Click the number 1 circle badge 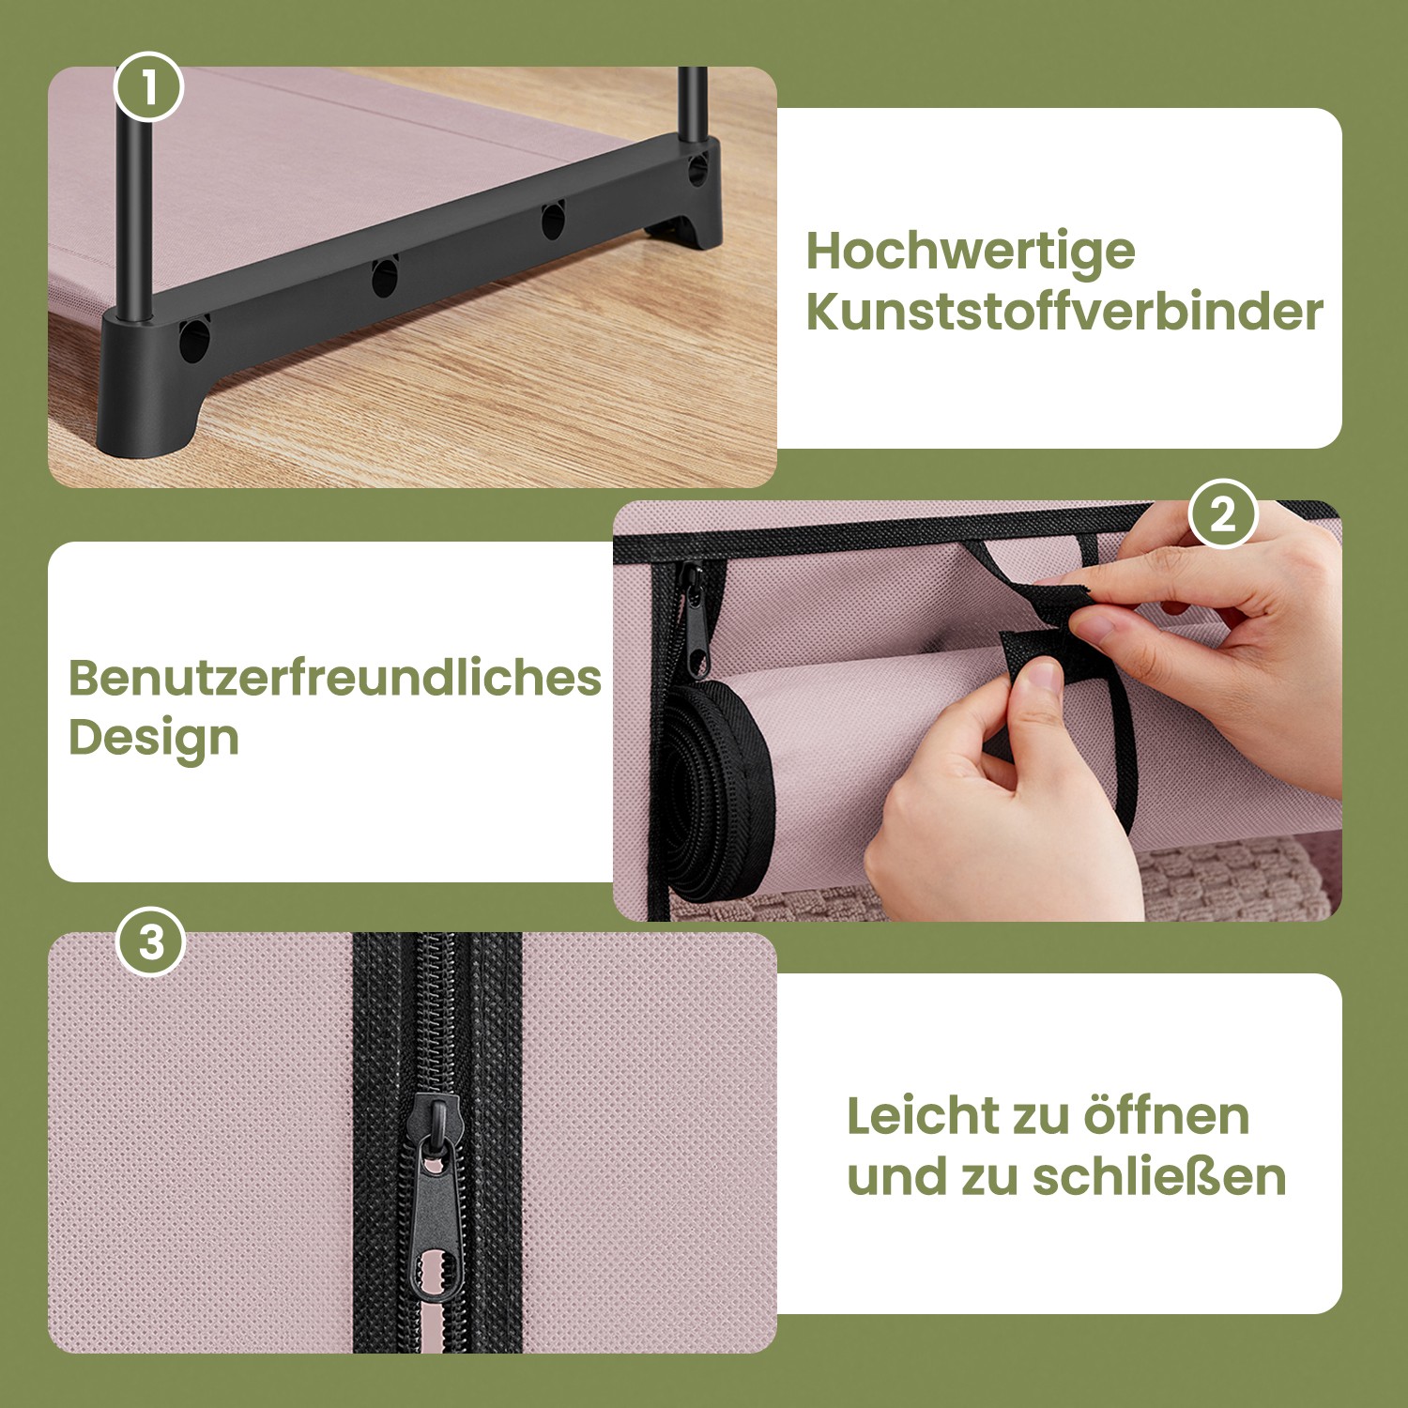tap(148, 87)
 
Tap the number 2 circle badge tap(1222, 514)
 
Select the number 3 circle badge tap(151, 941)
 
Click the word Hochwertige tap(971, 253)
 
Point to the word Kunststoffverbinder tap(1064, 312)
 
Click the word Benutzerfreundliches tap(334, 678)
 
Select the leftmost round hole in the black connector tap(193, 340)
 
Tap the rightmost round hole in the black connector tap(697, 169)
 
